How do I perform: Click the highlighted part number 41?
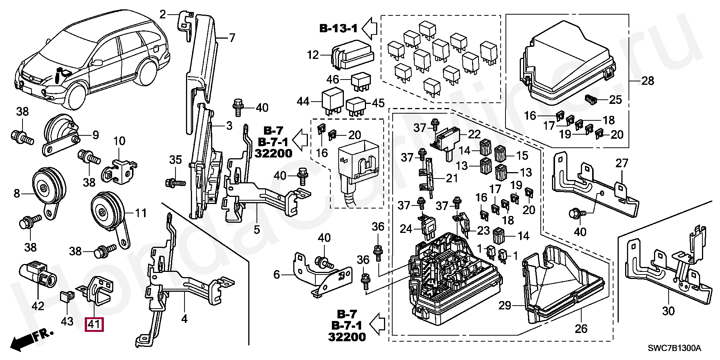94,324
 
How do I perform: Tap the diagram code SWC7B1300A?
675,348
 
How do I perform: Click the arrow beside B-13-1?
369,28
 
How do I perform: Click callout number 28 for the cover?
648,81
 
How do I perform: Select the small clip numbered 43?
66,298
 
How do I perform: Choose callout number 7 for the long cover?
232,38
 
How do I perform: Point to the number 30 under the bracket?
668,311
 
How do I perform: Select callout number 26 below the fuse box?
581,329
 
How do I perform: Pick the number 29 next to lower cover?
505,305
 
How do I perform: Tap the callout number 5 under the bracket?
256,229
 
